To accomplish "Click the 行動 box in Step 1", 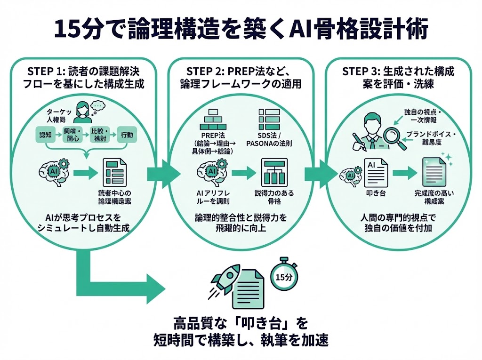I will point(127,135).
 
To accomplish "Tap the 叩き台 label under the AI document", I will point(376,193).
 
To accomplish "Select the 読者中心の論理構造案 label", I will point(114,197).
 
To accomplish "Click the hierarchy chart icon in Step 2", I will point(270,172).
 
